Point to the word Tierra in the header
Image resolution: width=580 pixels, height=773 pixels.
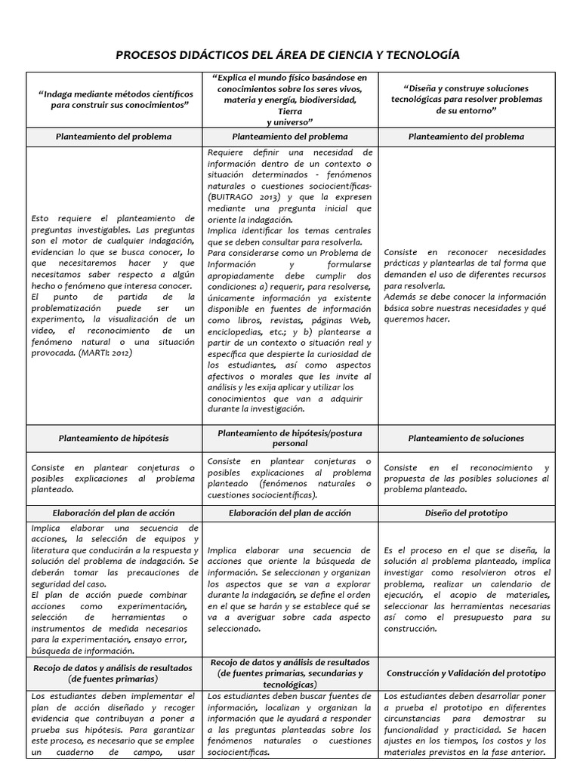(290, 110)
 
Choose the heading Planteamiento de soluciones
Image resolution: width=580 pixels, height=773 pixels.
(466, 438)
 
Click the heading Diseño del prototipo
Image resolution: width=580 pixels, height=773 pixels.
(466, 513)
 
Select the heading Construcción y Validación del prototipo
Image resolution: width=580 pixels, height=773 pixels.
(466, 673)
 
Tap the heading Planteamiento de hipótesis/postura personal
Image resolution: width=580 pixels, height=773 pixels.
(290, 438)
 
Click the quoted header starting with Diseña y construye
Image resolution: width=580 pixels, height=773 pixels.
(466, 99)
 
